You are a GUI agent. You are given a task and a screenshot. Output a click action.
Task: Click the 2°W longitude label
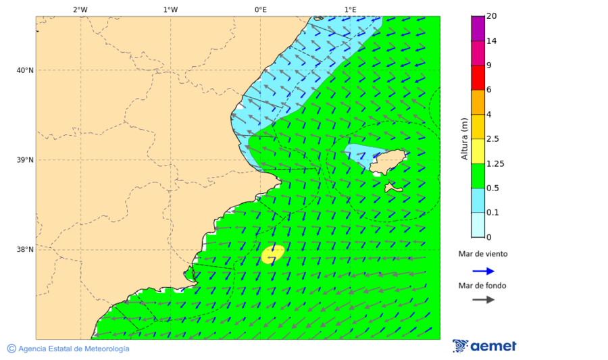tap(80, 9)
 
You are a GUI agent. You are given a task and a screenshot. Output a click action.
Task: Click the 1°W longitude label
tap(170, 9)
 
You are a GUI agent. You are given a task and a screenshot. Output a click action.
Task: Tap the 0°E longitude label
tap(260, 9)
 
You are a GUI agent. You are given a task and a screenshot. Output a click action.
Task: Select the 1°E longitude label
tap(350, 9)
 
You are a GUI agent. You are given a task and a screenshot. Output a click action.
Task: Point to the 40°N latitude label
tap(24, 70)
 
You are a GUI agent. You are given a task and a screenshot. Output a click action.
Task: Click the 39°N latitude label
tap(24, 160)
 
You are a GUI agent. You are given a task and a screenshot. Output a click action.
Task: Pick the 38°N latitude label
tap(24, 250)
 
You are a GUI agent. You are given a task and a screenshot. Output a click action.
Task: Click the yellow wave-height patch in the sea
tap(272, 253)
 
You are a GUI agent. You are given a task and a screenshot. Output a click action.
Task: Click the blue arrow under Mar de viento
tap(483, 271)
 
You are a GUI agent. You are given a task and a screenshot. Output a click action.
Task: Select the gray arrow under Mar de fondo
tap(483, 300)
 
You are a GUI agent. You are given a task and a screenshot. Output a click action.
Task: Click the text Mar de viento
tap(482, 255)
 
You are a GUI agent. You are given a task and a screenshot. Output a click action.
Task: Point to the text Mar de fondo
tap(482, 285)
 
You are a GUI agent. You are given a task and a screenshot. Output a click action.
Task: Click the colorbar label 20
tap(492, 16)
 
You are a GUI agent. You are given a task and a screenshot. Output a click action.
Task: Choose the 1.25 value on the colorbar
tap(495, 163)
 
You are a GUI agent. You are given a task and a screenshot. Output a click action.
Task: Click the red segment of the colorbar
tap(478, 78)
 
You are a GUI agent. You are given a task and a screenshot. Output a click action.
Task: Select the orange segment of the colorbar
tap(478, 102)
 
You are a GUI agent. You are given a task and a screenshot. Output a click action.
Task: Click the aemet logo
tap(484, 346)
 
